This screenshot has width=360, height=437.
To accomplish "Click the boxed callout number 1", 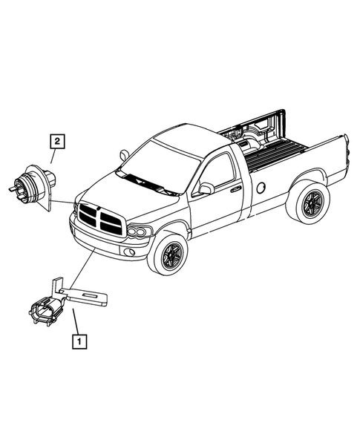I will pyautogui.click(x=79, y=342).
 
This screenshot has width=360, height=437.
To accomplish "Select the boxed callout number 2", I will pyautogui.click(x=56, y=139).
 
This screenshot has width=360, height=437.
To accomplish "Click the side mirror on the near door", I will pyautogui.click(x=206, y=188).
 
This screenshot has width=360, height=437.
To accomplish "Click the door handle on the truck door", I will pyautogui.click(x=235, y=189).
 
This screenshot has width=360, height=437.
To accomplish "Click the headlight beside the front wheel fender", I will pyautogui.click(x=139, y=232).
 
